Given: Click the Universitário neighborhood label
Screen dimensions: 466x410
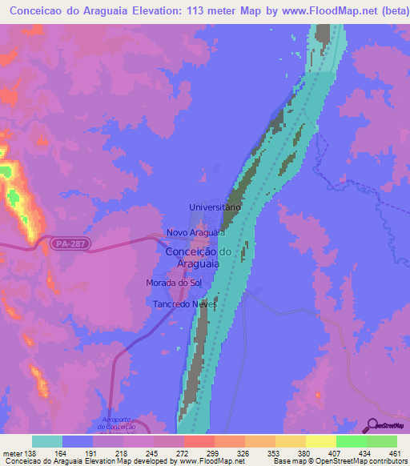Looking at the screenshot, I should (x=215, y=207).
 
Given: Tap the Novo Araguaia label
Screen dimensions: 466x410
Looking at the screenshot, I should (x=194, y=233).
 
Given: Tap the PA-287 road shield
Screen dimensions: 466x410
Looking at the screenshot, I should (x=65, y=242).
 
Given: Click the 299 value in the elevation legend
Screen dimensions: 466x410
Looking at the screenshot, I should (x=213, y=452).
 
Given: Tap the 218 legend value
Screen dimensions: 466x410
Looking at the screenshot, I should (x=123, y=452).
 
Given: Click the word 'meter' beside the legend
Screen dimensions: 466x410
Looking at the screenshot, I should (x=12, y=452).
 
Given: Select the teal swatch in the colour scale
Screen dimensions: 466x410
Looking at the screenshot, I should (x=47, y=441).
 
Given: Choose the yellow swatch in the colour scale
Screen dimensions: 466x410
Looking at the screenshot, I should (x=320, y=441).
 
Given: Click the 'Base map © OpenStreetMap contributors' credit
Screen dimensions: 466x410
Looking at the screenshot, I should (x=338, y=461).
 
